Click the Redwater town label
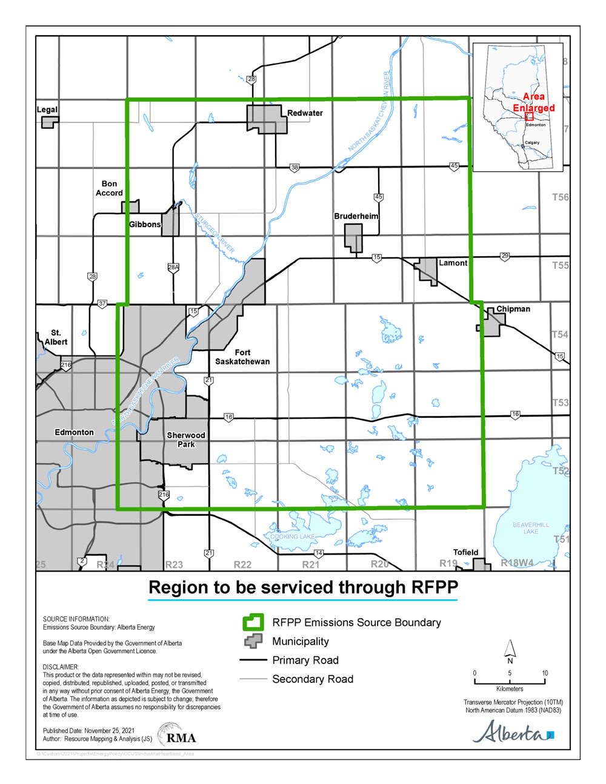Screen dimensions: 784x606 click(x=305, y=113)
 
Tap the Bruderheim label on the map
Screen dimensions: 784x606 click(x=356, y=216)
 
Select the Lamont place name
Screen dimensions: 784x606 click(x=453, y=263)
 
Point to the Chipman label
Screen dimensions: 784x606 click(x=513, y=309)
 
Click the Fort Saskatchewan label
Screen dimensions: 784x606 click(x=242, y=357)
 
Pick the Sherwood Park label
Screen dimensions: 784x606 click(x=186, y=440)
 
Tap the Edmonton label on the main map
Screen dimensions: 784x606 click(x=74, y=432)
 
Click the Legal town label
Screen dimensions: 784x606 click(x=47, y=110)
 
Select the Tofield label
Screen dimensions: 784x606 click(x=465, y=552)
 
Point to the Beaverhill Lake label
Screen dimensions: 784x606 click(x=530, y=528)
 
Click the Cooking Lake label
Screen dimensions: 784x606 click(x=292, y=536)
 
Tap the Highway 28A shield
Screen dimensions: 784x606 click(x=173, y=267)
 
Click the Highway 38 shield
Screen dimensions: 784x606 click(x=295, y=168)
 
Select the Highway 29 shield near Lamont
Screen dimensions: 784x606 click(x=505, y=256)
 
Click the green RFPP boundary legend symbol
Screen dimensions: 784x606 click(x=253, y=622)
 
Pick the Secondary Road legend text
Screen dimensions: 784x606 click(x=313, y=679)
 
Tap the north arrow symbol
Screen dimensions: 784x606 click(x=510, y=651)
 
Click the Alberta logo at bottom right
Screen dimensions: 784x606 click(x=513, y=733)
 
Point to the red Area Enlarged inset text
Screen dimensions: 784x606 click(x=533, y=102)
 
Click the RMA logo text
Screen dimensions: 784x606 click(x=181, y=737)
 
